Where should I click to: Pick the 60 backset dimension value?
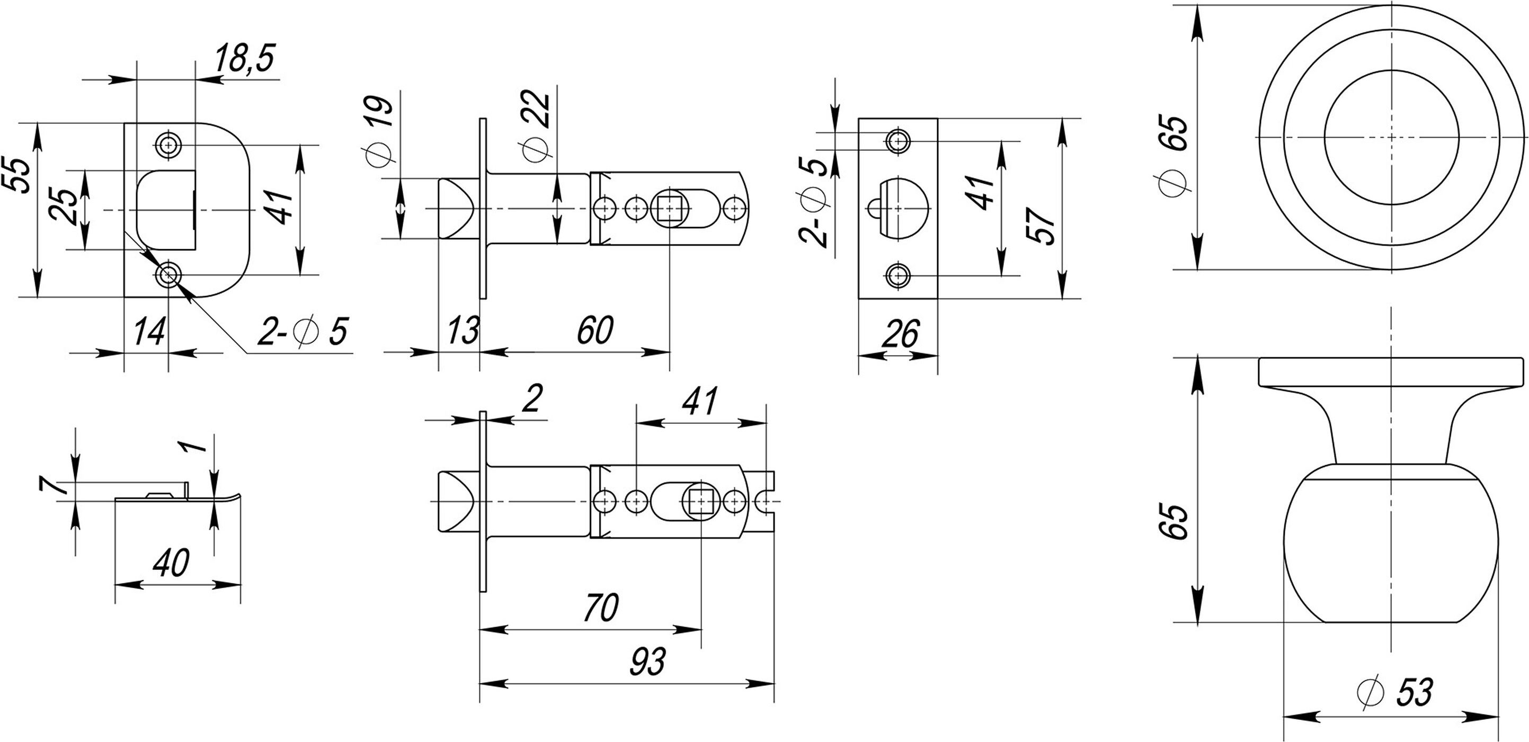point(595,331)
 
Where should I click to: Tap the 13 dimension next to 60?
point(463,331)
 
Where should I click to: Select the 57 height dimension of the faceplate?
point(1042,225)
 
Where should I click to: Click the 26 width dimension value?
point(901,334)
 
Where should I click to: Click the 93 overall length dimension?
point(647,662)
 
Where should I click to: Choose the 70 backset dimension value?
point(601,608)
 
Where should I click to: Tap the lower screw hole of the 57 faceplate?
point(898,275)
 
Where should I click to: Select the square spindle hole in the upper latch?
point(670,208)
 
